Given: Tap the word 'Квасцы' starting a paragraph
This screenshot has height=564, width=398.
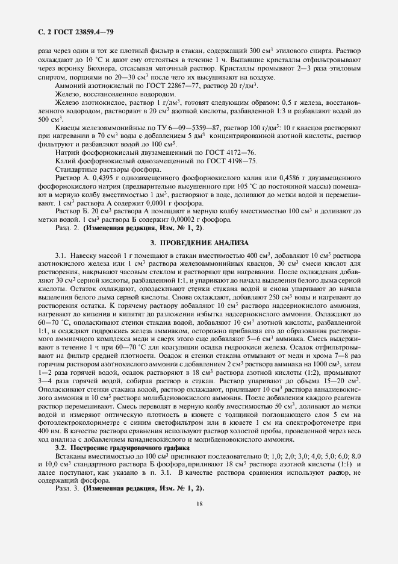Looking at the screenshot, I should click(68, 128).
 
